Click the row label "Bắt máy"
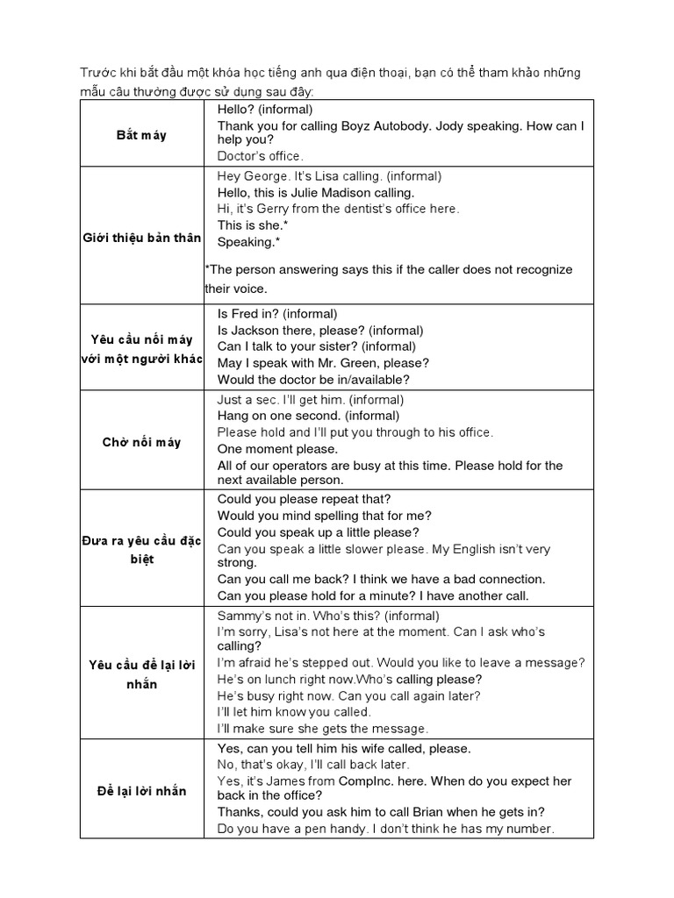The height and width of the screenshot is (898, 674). pos(141,135)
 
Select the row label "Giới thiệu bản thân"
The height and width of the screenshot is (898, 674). pos(141,238)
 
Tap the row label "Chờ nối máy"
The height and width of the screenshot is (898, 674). pos(141,442)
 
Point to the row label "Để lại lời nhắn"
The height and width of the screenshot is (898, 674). pos(141,791)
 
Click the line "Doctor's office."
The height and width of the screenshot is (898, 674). pos(260,156)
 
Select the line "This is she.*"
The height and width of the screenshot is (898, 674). pos(254,225)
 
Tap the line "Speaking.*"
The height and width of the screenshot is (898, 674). pos(249,242)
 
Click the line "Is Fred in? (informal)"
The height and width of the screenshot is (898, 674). pos(277,313)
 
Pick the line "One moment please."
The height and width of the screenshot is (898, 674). pos(277,449)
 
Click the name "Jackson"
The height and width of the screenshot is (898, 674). pos(255,330)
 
